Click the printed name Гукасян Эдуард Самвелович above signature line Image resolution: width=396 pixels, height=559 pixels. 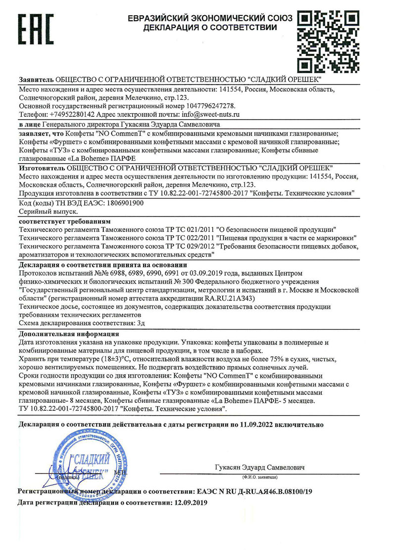point(260,467)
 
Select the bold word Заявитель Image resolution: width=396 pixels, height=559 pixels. point(36,80)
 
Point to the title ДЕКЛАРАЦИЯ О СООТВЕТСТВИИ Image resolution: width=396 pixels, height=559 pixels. point(210,28)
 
